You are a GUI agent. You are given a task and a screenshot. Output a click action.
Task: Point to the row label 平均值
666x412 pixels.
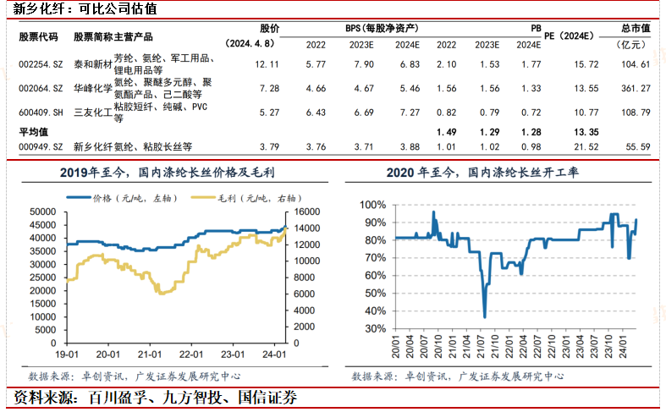34,132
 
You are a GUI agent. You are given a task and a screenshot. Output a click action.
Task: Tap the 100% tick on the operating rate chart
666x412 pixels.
373,205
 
